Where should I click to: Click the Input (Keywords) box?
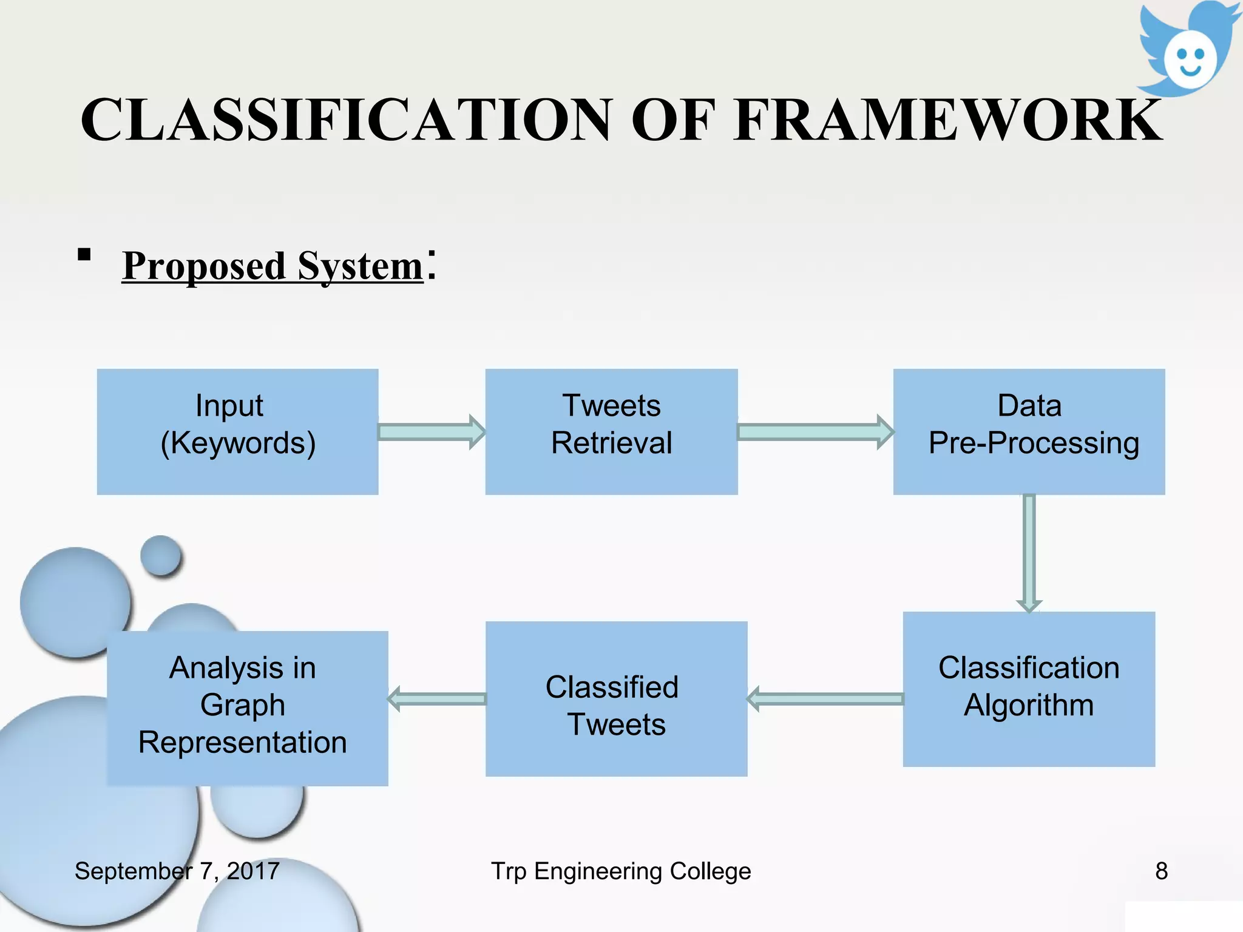click(237, 431)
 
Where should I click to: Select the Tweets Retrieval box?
click(611, 431)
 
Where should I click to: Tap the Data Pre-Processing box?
click(1029, 431)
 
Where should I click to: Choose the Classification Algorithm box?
click(1029, 689)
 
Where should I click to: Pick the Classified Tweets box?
click(616, 698)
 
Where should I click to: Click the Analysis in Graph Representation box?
click(247, 708)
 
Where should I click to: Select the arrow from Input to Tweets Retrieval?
click(432, 432)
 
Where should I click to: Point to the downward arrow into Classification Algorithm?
click(1029, 552)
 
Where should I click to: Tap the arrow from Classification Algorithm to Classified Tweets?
click(825, 699)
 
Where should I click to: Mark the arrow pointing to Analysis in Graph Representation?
click(437, 699)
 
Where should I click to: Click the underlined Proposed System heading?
click(273, 266)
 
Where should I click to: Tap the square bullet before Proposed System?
click(84, 254)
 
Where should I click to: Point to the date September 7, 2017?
click(177, 871)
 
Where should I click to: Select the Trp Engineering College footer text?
click(621, 871)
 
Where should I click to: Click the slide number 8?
click(1161, 871)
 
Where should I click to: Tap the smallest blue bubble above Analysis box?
click(161, 555)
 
